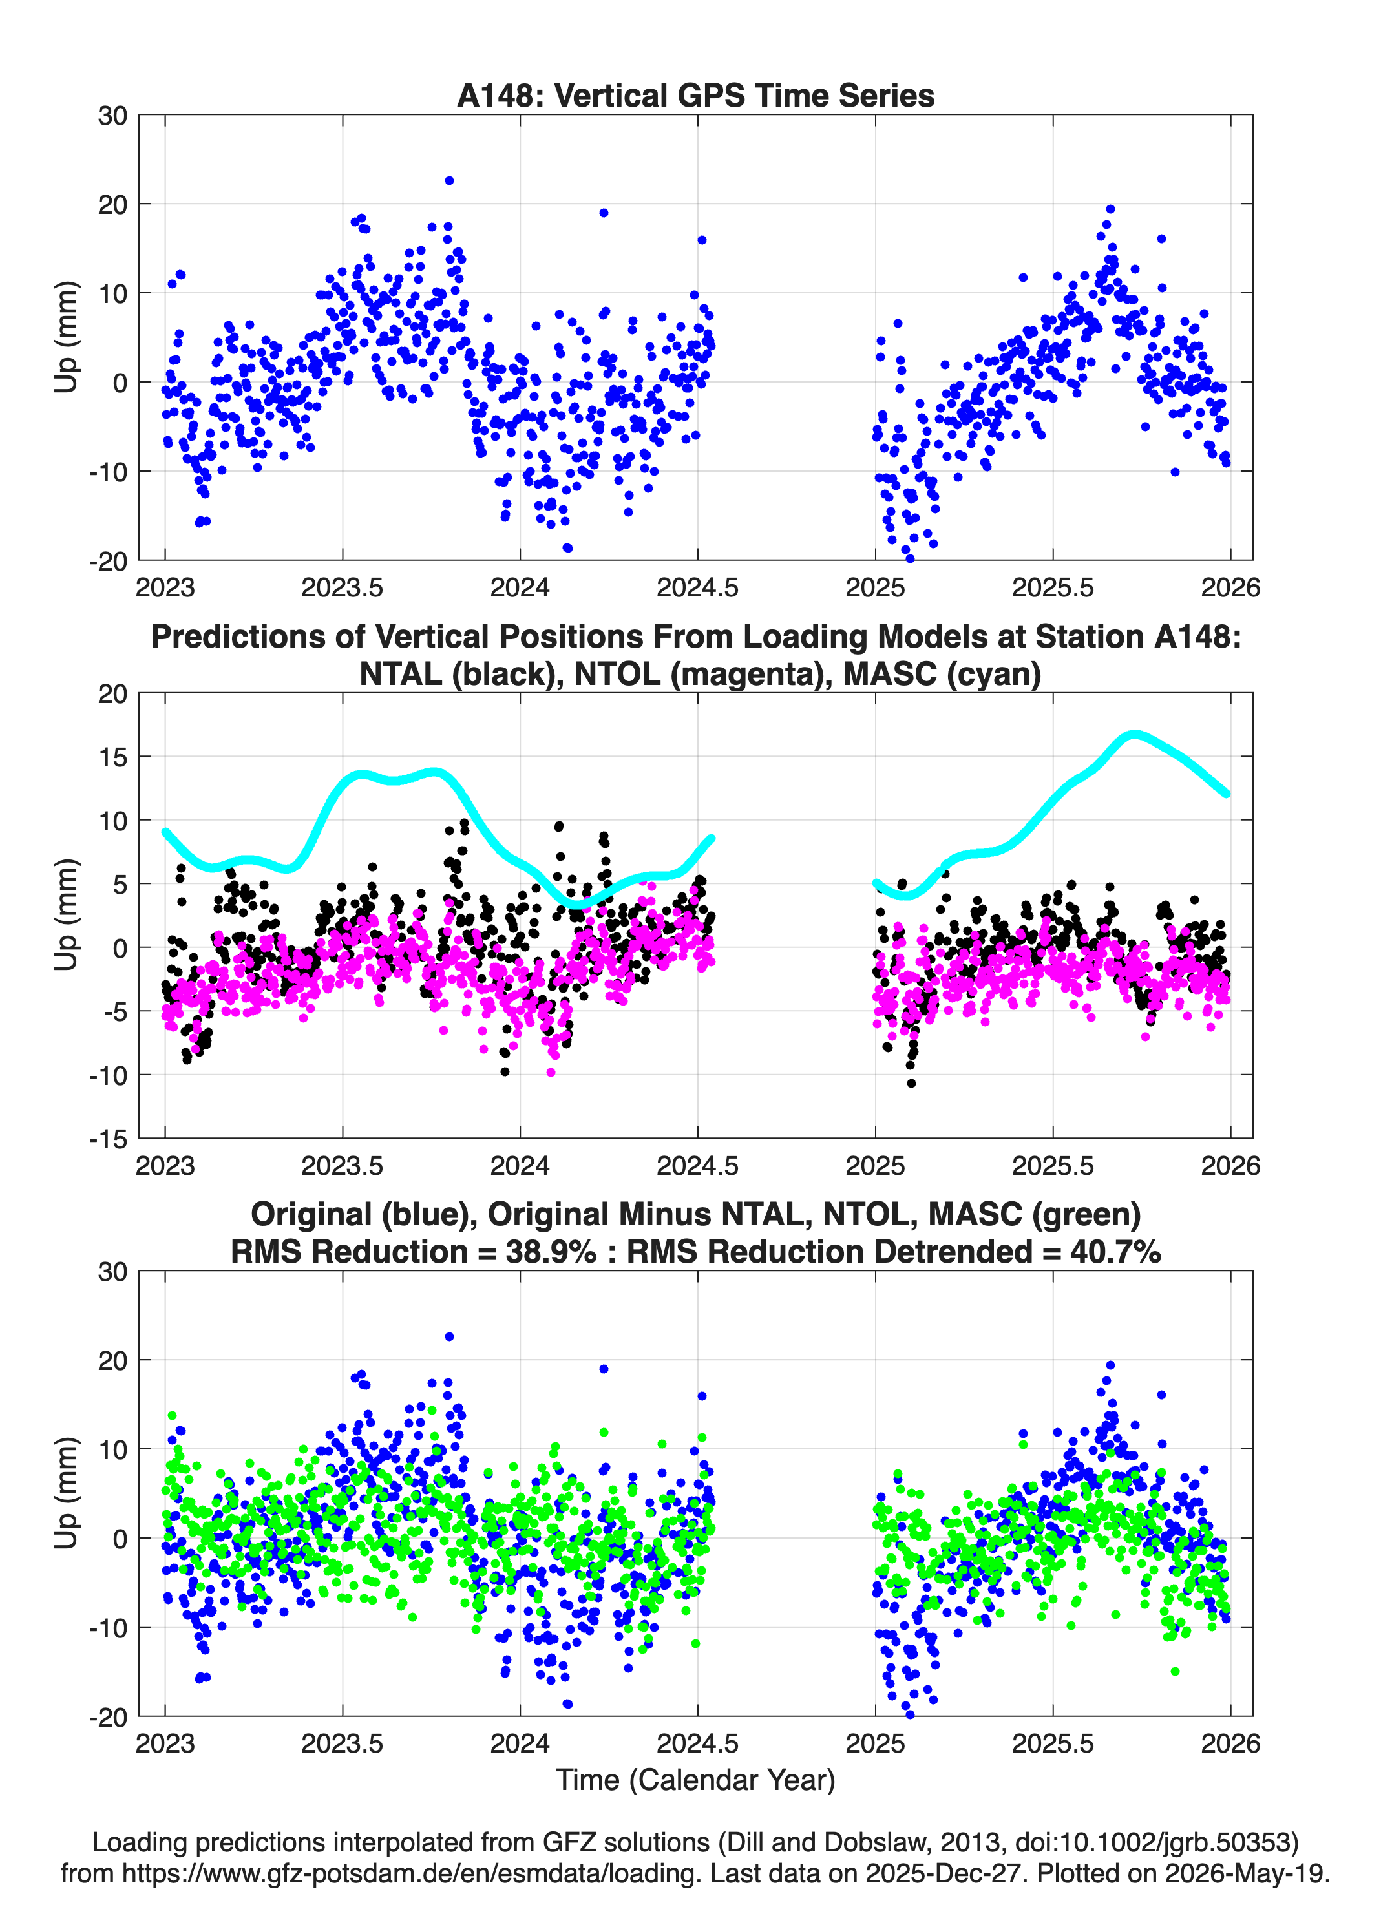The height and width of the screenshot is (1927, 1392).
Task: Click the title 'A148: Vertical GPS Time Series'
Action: (x=695, y=95)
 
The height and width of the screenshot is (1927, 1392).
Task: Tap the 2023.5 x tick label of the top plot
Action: (x=343, y=587)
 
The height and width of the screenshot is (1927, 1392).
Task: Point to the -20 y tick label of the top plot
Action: (x=108, y=561)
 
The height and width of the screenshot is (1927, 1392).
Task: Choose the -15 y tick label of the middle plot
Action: (x=108, y=1139)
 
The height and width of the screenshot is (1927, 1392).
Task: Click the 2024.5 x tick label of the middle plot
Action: (x=698, y=1165)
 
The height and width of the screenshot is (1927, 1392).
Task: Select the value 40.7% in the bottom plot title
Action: (x=1116, y=1252)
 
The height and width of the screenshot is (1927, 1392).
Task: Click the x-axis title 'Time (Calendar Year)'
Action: (x=696, y=1779)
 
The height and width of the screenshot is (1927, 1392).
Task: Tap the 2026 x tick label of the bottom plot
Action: (x=1230, y=1743)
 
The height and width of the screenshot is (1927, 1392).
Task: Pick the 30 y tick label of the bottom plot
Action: (x=113, y=1272)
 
